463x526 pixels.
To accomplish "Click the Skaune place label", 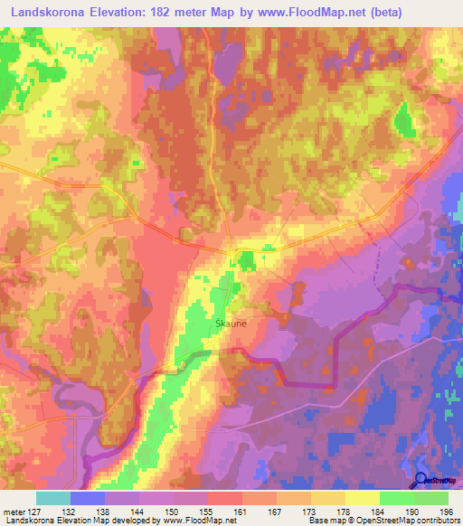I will (x=231, y=321).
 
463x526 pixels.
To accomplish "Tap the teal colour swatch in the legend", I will (x=52, y=498).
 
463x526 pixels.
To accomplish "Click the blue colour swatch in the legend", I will (x=87, y=498).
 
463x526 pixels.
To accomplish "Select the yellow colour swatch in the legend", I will (x=362, y=498).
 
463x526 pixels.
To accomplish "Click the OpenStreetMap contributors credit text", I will (x=402, y=521).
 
